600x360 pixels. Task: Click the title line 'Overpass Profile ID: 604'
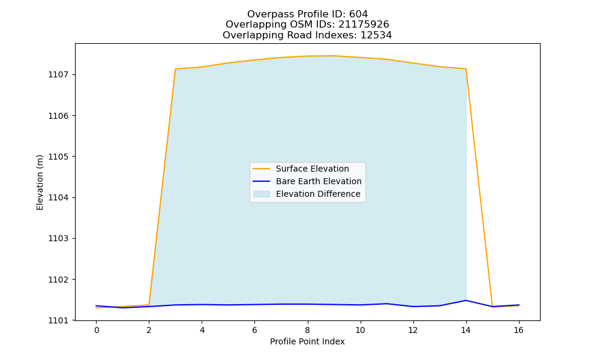[307, 14]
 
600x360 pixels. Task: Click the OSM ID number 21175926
[364, 25]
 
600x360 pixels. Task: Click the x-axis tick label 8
[307, 330]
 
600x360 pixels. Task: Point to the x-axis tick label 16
[518, 330]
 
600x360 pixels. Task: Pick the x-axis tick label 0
[97, 330]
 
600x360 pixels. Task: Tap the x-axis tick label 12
[413, 330]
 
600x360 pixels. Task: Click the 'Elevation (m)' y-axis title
[40, 182]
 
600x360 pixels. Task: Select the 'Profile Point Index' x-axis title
[307, 341]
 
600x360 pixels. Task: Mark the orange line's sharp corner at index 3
[175, 69]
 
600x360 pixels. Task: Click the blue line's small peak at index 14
[466, 301]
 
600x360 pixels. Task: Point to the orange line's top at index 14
[466, 69]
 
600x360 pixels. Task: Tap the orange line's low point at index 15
[492, 307]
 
